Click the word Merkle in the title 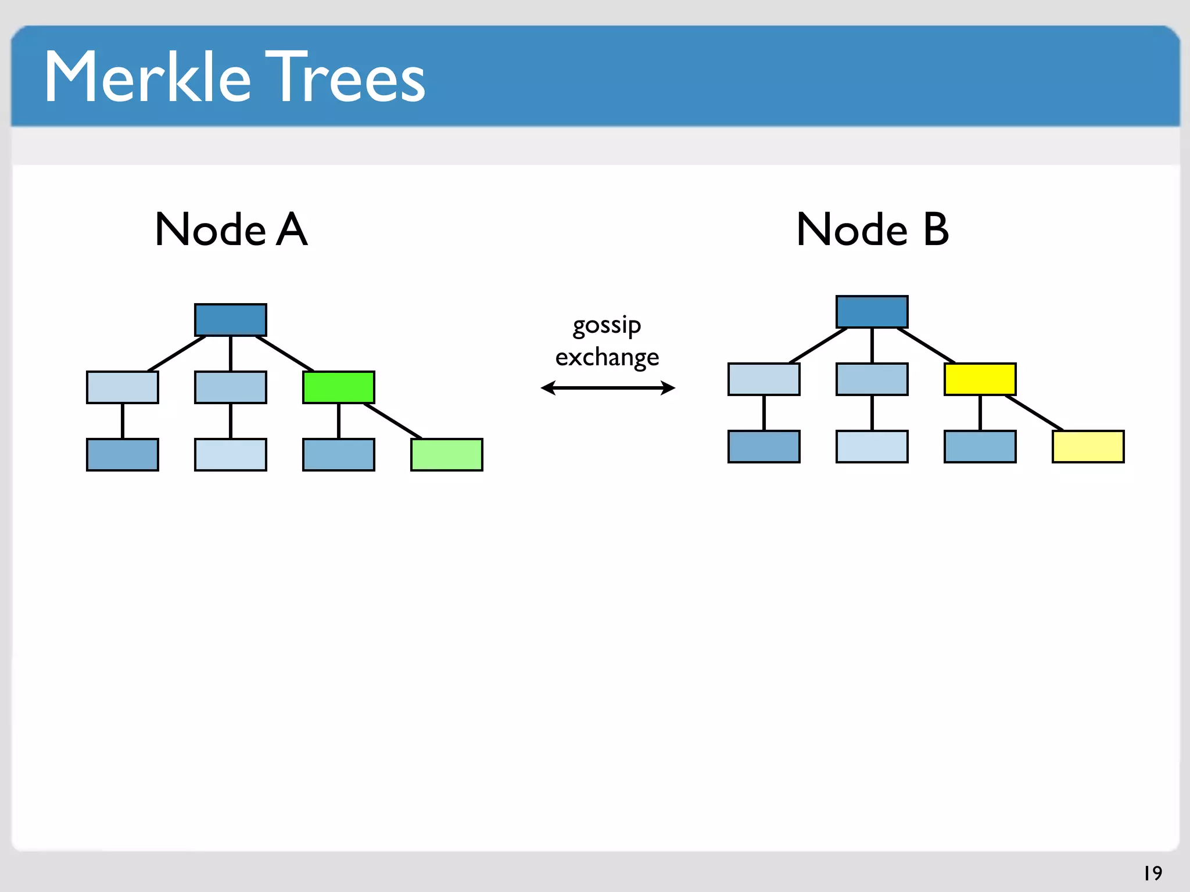pyautogui.click(x=148, y=77)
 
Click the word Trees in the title pyautogui.click(x=346, y=77)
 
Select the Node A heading pyautogui.click(x=231, y=229)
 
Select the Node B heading pyautogui.click(x=872, y=229)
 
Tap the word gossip pyautogui.click(x=607, y=325)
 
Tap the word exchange pyautogui.click(x=607, y=357)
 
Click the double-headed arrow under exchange pyautogui.click(x=607, y=387)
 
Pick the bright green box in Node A pyautogui.click(x=339, y=387)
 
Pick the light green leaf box pyautogui.click(x=447, y=455)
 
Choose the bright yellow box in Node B pyautogui.click(x=980, y=379)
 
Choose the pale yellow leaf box pyautogui.click(x=1088, y=447)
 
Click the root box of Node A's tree pyautogui.click(x=231, y=320)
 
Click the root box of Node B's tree pyautogui.click(x=872, y=312)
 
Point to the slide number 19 pyautogui.click(x=1153, y=873)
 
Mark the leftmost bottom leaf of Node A pyautogui.click(x=123, y=455)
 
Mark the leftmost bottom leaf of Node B pyautogui.click(x=764, y=447)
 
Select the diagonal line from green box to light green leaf pyautogui.click(x=393, y=421)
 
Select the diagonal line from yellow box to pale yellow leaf pyautogui.click(x=1034, y=413)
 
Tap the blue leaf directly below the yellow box pyautogui.click(x=980, y=447)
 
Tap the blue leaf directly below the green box pyautogui.click(x=339, y=455)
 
